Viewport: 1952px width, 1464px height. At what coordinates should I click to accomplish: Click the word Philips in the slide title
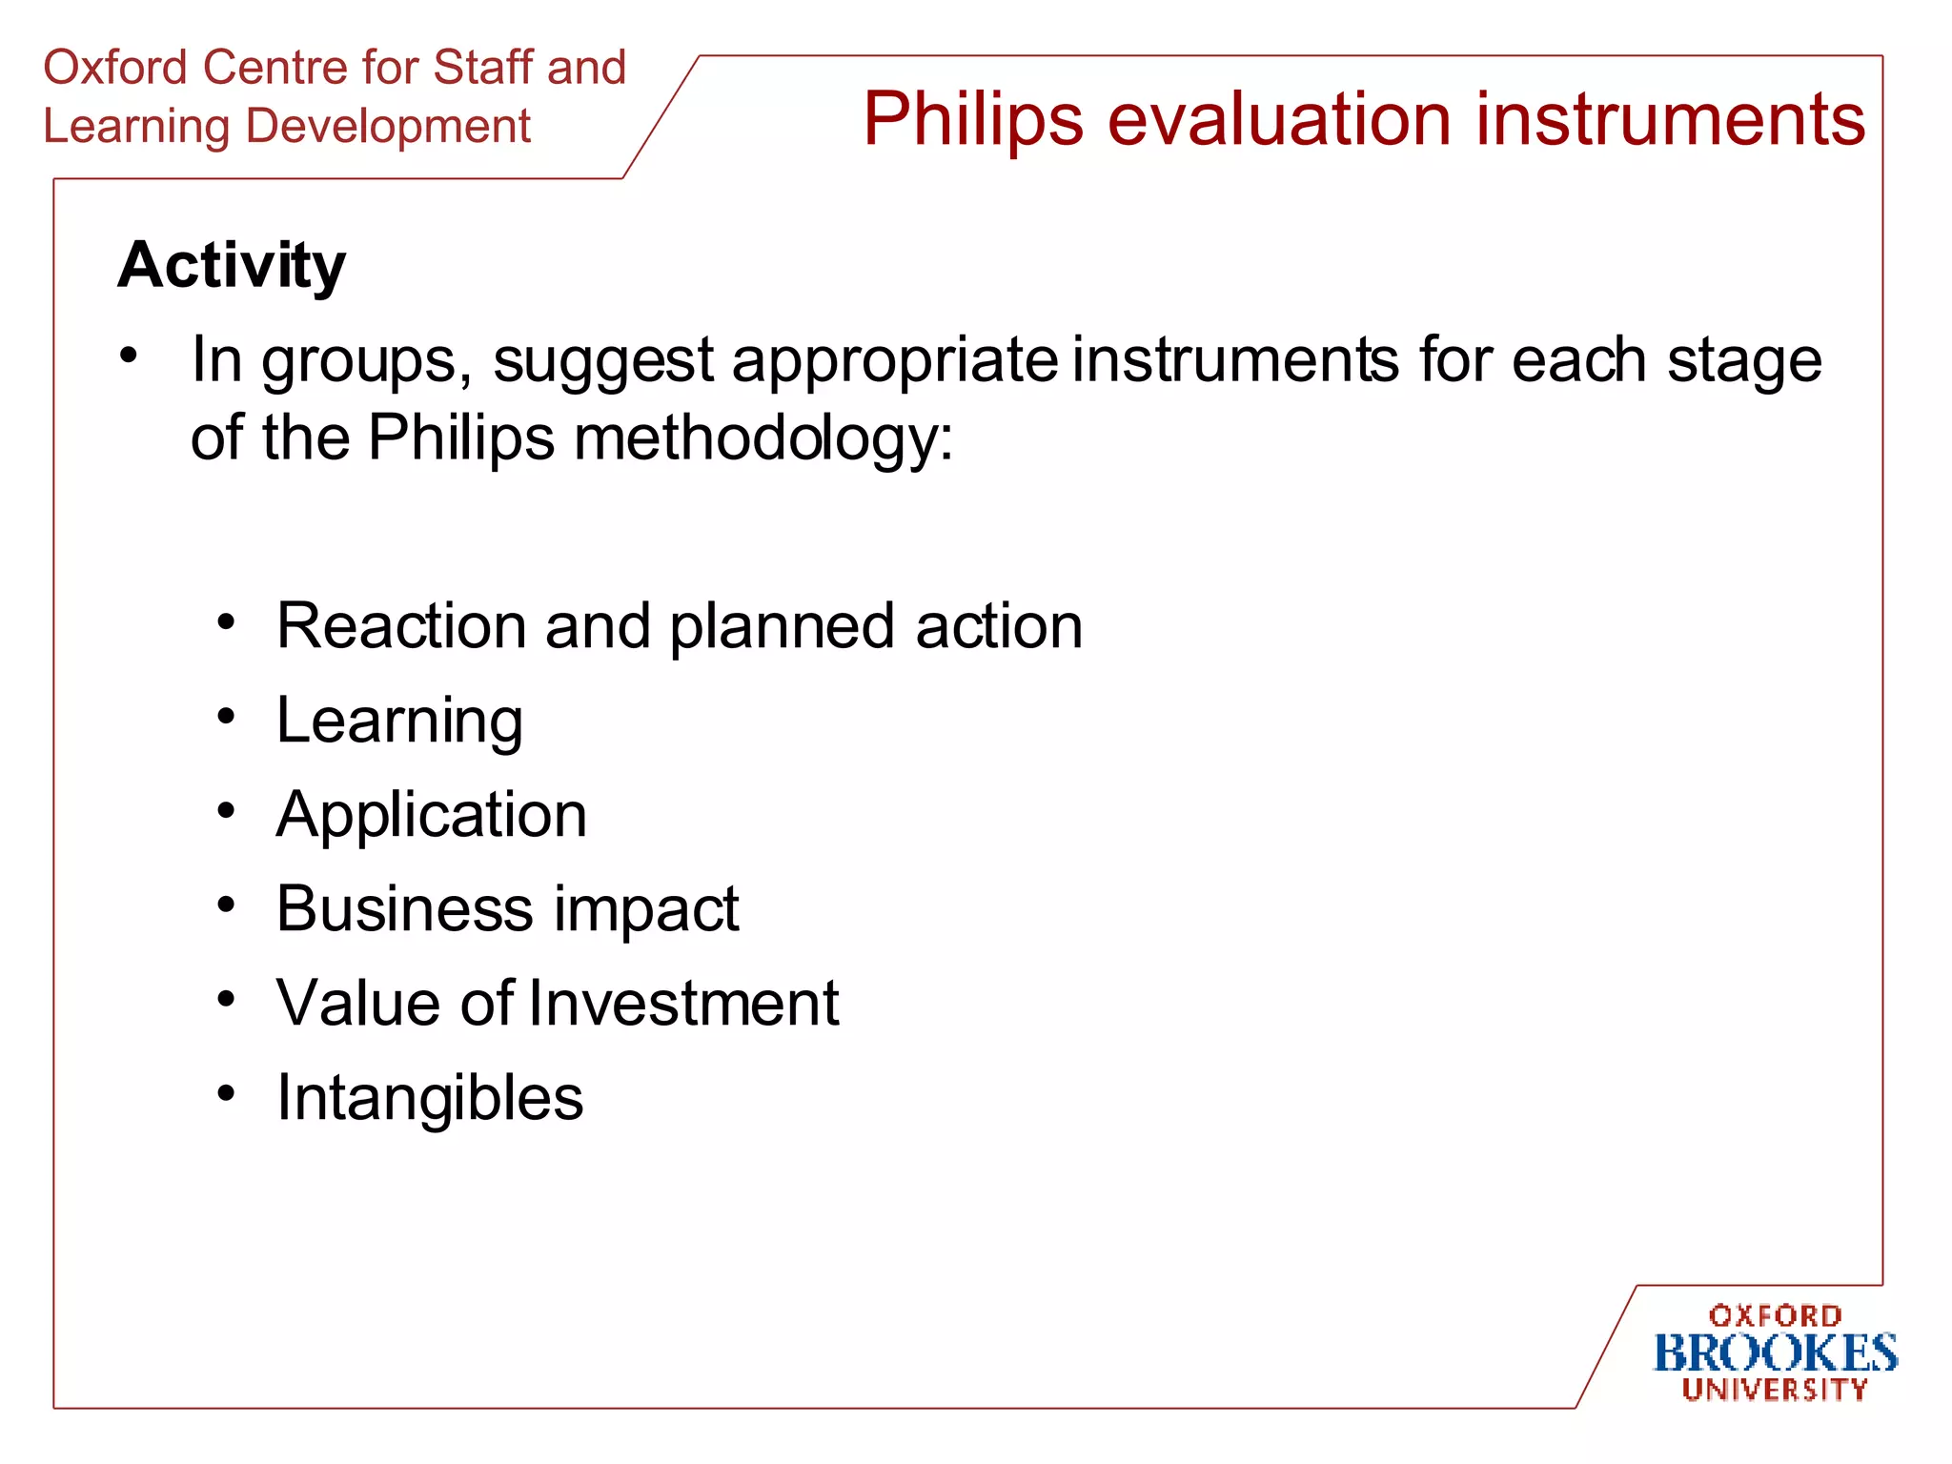[x=973, y=121]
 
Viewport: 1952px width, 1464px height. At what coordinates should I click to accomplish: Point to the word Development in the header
[x=388, y=127]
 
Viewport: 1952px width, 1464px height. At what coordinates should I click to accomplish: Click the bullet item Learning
[x=399, y=721]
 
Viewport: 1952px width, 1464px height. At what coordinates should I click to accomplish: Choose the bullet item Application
[x=431, y=816]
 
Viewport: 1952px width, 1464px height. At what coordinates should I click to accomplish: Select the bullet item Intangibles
[x=429, y=1098]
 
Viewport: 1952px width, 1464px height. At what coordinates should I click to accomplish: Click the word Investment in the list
[x=683, y=1003]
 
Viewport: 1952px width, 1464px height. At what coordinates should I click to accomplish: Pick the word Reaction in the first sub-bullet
[x=399, y=626]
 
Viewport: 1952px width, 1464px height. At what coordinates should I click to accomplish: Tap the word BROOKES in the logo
[x=1775, y=1353]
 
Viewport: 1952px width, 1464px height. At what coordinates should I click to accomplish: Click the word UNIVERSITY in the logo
[x=1775, y=1390]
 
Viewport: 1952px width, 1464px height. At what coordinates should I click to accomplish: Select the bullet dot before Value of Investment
[x=226, y=1000]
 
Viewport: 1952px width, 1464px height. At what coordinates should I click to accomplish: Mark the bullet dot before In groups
[x=129, y=356]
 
